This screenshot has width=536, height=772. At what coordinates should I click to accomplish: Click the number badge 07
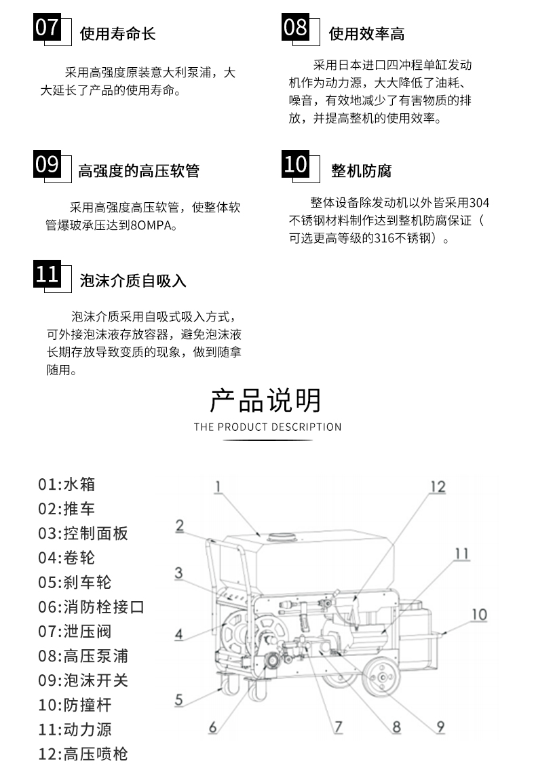tap(47, 27)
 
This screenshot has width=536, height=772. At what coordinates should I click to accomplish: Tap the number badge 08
tap(296, 27)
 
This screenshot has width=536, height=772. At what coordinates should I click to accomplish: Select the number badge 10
tap(296, 164)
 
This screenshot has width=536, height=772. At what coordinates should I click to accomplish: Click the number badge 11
tap(47, 274)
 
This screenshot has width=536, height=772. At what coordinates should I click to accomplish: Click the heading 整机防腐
tap(361, 171)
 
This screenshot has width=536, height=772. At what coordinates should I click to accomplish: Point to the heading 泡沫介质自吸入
tap(133, 281)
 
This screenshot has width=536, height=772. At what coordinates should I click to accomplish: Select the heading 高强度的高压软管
tap(139, 171)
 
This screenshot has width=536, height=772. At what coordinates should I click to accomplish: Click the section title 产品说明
tap(266, 400)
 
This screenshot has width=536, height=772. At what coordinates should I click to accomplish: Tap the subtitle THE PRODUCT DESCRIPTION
tap(268, 427)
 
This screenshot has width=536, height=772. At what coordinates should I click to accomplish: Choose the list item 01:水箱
tap(66, 484)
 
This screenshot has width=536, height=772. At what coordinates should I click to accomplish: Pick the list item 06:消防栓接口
tap(91, 606)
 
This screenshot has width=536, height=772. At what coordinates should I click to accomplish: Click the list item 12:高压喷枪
tap(83, 754)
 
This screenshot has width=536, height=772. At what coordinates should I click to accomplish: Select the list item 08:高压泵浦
tap(83, 656)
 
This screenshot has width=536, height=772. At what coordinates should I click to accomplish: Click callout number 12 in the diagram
tap(438, 487)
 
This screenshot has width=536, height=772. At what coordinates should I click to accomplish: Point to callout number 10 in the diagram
tap(479, 615)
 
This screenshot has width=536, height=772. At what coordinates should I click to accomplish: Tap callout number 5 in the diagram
tap(178, 699)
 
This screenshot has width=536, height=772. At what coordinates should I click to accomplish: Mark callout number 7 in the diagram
tap(338, 727)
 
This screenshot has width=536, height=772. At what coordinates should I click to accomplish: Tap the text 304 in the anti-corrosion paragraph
tap(479, 202)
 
